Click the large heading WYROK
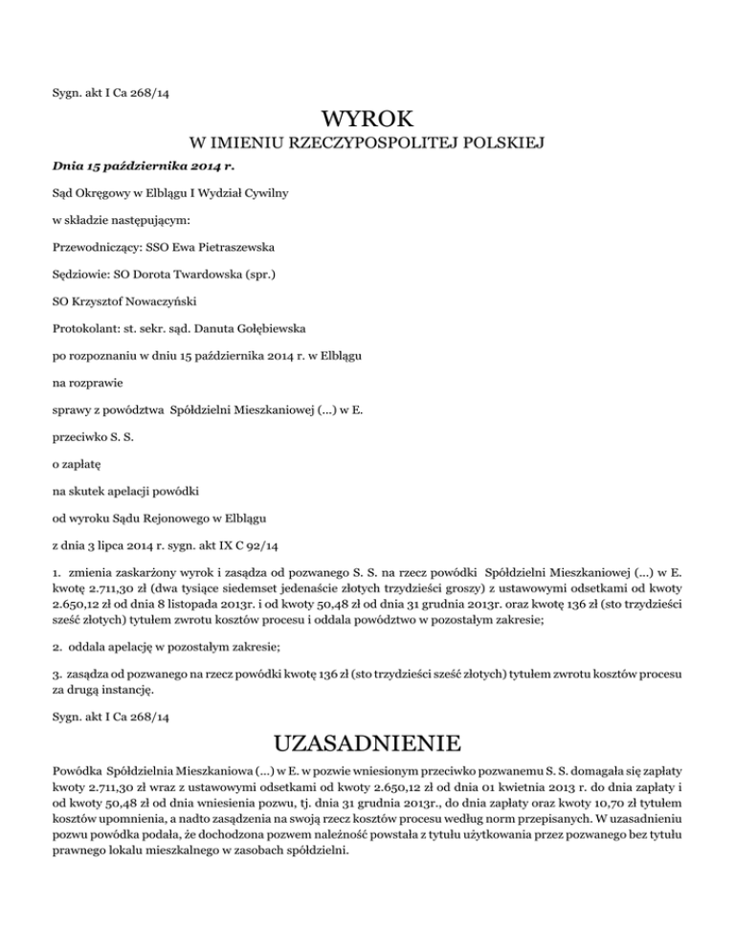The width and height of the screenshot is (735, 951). pos(368,122)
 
